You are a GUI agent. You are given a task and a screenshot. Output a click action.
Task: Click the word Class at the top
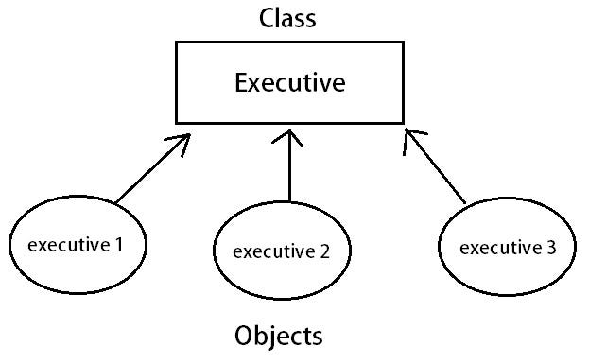click(288, 18)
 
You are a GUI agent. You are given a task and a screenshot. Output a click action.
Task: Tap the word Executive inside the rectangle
click(289, 84)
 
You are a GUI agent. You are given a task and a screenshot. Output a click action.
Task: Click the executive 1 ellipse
click(77, 245)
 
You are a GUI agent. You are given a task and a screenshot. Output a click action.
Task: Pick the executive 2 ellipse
click(281, 251)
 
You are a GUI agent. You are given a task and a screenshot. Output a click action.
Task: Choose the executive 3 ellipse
click(506, 247)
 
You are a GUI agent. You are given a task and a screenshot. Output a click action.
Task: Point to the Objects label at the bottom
click(279, 336)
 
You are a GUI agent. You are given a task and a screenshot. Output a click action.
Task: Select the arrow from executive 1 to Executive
click(151, 169)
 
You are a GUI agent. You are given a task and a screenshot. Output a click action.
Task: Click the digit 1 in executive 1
click(119, 246)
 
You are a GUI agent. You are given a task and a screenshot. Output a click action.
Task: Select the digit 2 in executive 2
click(324, 252)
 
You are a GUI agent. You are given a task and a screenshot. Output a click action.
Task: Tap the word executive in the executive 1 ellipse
click(68, 246)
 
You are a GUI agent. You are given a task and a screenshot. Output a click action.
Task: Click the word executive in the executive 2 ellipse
click(272, 252)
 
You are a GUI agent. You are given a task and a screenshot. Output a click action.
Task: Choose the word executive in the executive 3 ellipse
click(498, 248)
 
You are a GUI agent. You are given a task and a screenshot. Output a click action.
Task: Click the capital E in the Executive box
click(240, 84)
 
